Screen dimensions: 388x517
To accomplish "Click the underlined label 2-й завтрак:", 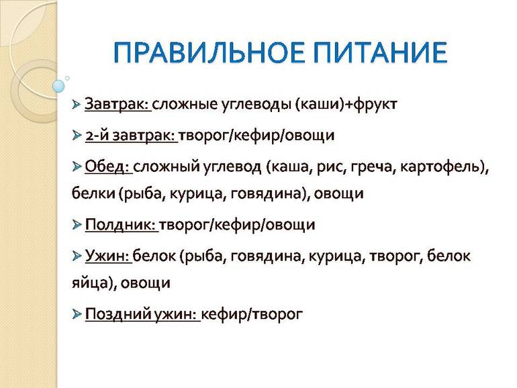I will pyautogui.click(x=130, y=136).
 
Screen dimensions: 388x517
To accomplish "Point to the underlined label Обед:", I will pyautogui.click(x=108, y=166).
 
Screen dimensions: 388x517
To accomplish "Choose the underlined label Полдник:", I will pyautogui.click(x=121, y=225).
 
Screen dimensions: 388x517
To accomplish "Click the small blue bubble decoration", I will pyautogui.click(x=59, y=86).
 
